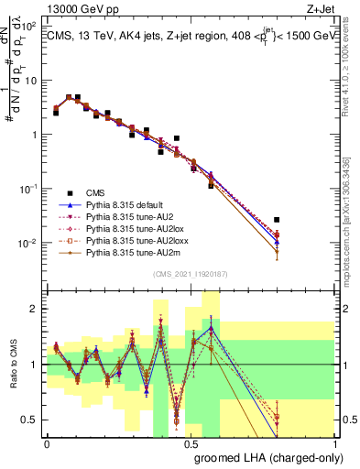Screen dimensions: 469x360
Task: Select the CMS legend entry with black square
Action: coord(95,192)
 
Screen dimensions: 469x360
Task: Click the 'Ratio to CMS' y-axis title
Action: coord(11,365)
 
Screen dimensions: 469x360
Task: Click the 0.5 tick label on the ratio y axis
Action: coord(31,420)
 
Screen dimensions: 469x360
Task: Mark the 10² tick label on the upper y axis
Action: coord(29,27)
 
